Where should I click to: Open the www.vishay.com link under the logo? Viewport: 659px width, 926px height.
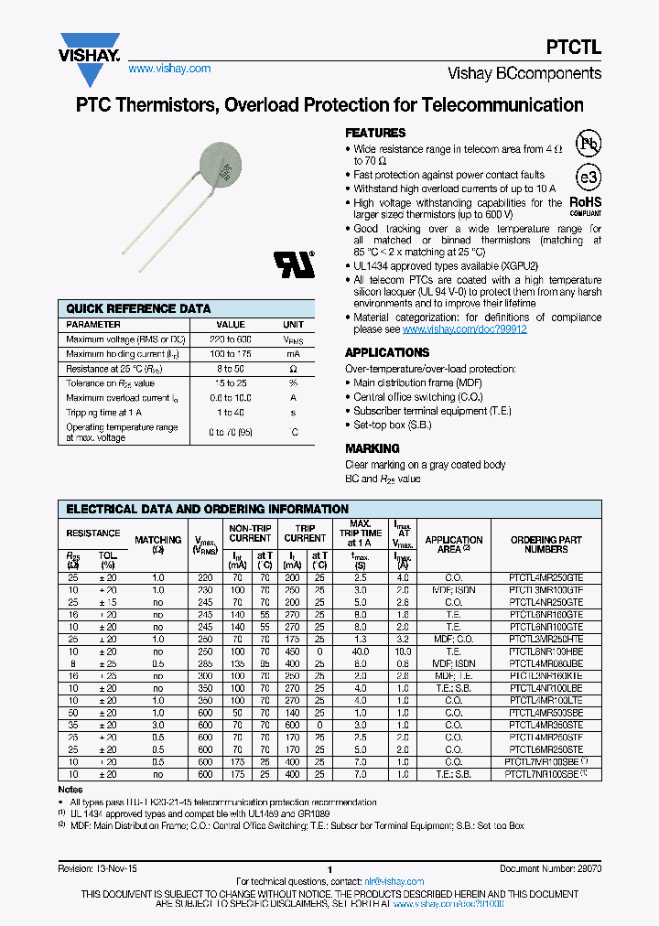click(x=169, y=69)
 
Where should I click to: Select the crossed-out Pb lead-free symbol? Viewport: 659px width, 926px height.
click(x=589, y=144)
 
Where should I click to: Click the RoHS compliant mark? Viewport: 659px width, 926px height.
click(x=586, y=203)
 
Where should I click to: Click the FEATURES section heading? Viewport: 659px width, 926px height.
click(x=375, y=133)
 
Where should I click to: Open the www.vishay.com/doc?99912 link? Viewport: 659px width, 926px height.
click(x=464, y=329)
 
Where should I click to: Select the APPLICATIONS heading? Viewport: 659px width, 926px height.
click(x=386, y=352)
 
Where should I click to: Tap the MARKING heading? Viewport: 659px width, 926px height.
click(x=372, y=448)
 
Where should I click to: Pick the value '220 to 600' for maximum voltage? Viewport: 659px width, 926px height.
click(x=230, y=339)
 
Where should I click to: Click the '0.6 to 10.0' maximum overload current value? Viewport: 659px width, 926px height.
click(x=230, y=398)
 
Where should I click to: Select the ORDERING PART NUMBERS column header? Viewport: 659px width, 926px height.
click(x=546, y=544)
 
